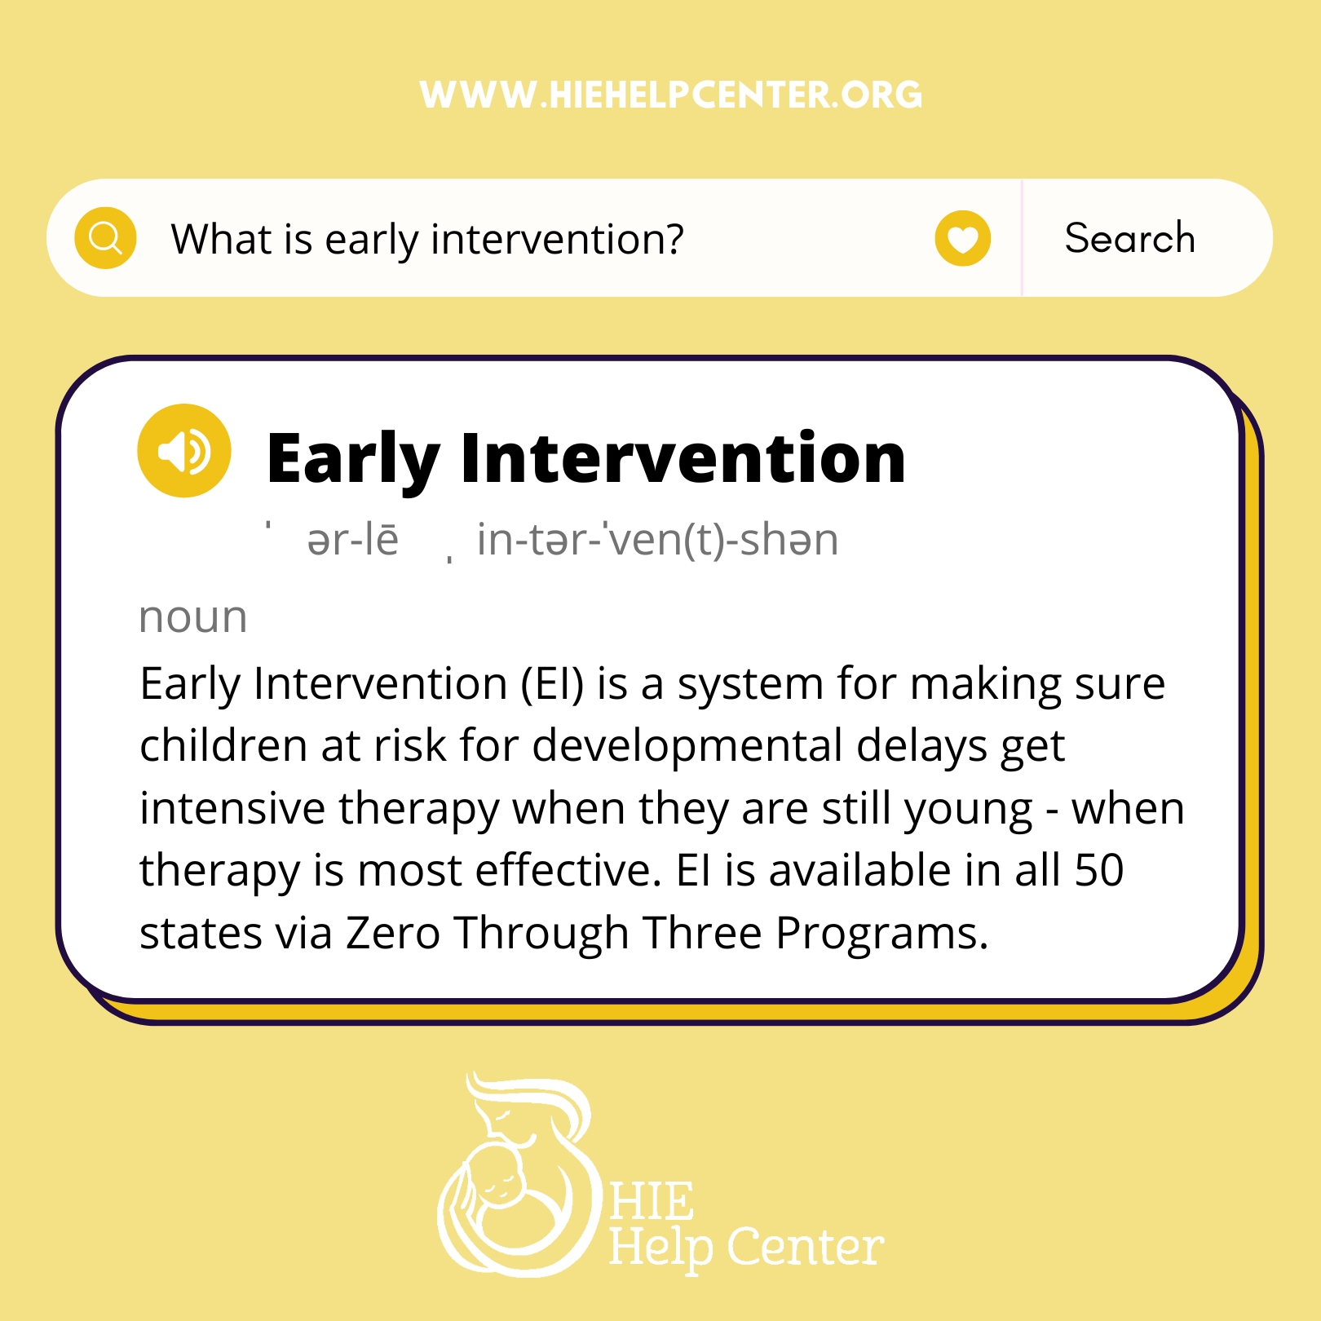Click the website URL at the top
point(670,95)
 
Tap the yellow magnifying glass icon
point(105,238)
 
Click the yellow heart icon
point(962,238)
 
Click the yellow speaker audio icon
point(184,450)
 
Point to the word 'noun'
point(193,617)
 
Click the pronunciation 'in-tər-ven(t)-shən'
point(657,540)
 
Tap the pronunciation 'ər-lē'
point(353,540)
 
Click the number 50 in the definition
point(1099,870)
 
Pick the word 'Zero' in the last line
point(393,933)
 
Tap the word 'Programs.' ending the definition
point(881,934)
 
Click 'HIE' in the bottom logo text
point(652,1201)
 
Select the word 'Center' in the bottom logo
point(805,1247)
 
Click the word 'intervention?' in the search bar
point(558,240)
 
